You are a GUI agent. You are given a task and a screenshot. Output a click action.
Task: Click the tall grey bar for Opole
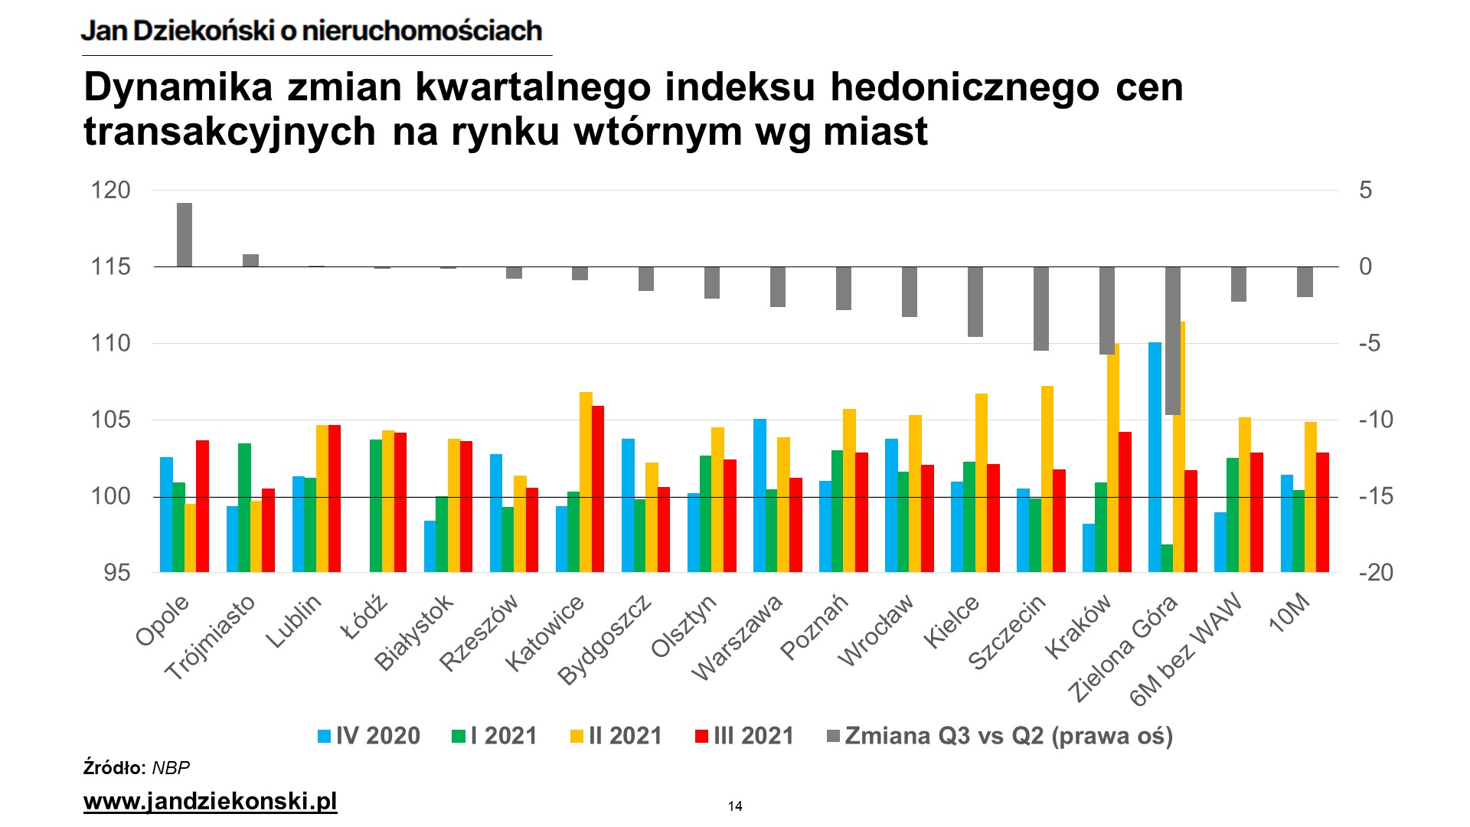[x=185, y=235]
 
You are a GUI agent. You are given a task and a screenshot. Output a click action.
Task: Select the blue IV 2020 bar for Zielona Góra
[x=1155, y=457]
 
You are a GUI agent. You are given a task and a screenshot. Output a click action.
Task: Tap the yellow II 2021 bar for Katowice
[x=586, y=482]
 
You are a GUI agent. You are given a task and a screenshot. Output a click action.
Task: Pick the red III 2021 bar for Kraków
[x=1125, y=502]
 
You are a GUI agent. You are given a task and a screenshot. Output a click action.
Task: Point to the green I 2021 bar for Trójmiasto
[x=244, y=507]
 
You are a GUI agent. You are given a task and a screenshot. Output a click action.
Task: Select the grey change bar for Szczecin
[x=1041, y=309]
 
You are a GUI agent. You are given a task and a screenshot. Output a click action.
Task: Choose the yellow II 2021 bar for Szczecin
[x=1047, y=479]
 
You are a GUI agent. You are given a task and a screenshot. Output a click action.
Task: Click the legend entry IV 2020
[x=369, y=736]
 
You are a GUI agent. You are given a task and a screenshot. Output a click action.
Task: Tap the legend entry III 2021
[x=744, y=736]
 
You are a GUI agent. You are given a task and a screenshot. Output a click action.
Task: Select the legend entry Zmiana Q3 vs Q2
[x=1000, y=736]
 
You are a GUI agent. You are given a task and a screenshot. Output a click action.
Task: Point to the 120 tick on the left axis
[x=111, y=190]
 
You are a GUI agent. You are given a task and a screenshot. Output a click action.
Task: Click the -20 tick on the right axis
[x=1376, y=573]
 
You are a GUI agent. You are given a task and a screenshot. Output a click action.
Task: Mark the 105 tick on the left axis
[x=111, y=420]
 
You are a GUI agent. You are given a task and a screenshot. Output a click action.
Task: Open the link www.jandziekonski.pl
[x=210, y=802]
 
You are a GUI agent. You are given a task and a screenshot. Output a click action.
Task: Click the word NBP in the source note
[x=171, y=768]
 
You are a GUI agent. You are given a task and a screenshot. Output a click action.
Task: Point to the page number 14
[x=735, y=806]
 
